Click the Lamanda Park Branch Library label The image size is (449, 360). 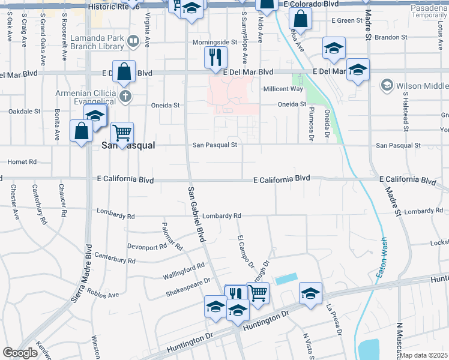point(97,41)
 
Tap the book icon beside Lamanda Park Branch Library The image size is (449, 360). point(133,41)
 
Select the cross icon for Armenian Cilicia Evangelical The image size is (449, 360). point(125,96)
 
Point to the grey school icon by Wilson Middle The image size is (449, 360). point(387,86)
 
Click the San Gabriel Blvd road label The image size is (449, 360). point(196,214)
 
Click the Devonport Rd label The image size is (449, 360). point(146,247)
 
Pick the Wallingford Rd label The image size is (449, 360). point(184,271)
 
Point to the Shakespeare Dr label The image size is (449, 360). point(188,287)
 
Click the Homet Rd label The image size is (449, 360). point(22,162)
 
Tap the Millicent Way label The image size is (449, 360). point(283,89)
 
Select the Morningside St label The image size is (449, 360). point(215,43)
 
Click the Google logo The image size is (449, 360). point(20,353)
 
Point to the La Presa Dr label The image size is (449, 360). point(334,320)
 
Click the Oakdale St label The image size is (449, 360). point(24,111)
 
